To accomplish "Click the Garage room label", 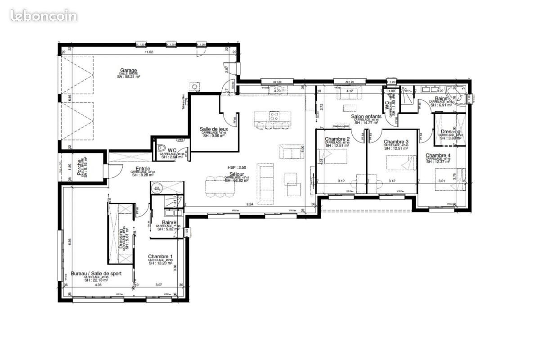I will point(128,70).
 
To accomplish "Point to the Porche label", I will point(79,166).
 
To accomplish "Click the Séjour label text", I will point(237,174).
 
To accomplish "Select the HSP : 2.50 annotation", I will point(237,167).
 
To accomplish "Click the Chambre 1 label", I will point(160,256).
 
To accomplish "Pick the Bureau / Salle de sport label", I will point(96,273).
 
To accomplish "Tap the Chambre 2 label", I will point(337,139).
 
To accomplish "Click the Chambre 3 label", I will point(396,141).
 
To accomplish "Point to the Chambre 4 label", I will point(438,155).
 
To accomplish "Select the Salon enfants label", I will point(366,116).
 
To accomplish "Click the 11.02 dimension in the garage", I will point(149,53).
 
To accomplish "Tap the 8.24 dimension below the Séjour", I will point(250,205).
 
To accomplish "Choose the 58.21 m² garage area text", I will point(128,77).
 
